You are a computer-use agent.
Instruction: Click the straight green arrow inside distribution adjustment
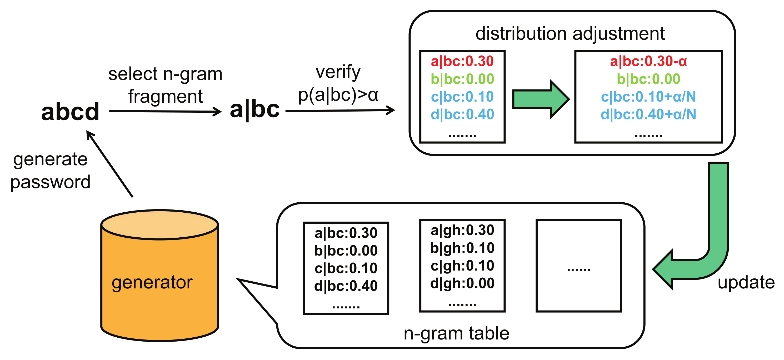click(540, 99)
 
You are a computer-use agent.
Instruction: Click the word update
click(746, 282)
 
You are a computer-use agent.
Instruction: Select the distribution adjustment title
click(570, 33)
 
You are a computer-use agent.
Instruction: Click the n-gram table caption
click(456, 333)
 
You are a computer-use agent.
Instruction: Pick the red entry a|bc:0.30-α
click(648, 62)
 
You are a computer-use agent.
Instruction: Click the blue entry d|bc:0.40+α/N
click(648, 114)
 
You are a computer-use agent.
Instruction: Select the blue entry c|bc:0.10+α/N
click(648, 97)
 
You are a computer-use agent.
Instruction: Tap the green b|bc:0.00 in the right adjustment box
click(648, 79)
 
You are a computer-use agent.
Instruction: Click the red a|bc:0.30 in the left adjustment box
click(462, 62)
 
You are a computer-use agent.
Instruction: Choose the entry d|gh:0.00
click(462, 283)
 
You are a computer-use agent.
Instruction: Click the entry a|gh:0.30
click(462, 230)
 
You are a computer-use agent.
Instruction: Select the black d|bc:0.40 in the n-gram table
click(346, 286)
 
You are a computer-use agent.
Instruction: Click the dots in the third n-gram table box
click(578, 269)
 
